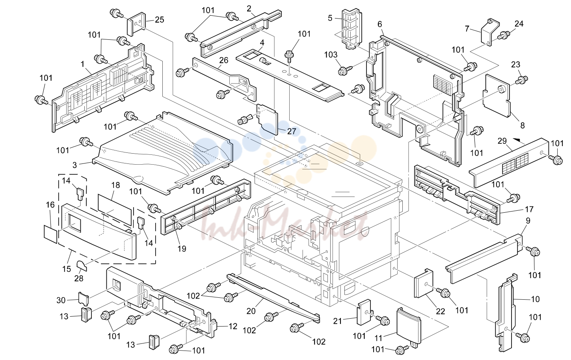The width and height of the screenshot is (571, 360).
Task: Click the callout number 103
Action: coord(331,55)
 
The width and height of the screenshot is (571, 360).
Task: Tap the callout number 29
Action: coord(502,141)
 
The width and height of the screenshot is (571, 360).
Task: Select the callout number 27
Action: coord(292,131)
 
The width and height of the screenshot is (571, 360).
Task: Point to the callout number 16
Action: coord(50,204)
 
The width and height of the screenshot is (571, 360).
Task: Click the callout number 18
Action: coord(115,185)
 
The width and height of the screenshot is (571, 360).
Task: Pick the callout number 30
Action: coord(61,301)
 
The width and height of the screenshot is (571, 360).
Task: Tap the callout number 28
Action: coord(79,278)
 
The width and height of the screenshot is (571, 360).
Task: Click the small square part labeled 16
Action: coord(51,234)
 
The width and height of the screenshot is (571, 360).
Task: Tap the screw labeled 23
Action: coord(522,80)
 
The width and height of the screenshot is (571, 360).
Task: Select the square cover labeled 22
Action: coord(424,283)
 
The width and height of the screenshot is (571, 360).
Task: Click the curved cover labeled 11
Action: coord(409,327)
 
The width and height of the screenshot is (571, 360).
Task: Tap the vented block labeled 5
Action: coord(352,29)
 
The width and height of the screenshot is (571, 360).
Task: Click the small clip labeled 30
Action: coord(84,299)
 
